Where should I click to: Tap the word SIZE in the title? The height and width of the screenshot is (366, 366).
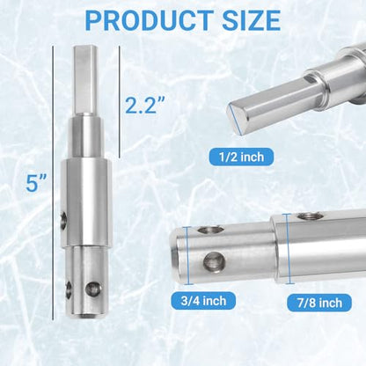pyautogui.click(x=252, y=20)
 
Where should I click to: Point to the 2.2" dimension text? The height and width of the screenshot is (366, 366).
pyautogui.click(x=146, y=105)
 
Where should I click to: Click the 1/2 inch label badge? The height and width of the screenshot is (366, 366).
pyautogui.click(x=241, y=157)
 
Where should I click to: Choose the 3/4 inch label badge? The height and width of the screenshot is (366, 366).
pyautogui.click(x=203, y=301)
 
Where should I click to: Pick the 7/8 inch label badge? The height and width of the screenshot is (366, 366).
pyautogui.click(x=319, y=303)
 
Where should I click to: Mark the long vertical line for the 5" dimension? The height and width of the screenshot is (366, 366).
pyautogui.click(x=53, y=182)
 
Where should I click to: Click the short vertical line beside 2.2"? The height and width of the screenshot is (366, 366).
pyautogui.click(x=120, y=103)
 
